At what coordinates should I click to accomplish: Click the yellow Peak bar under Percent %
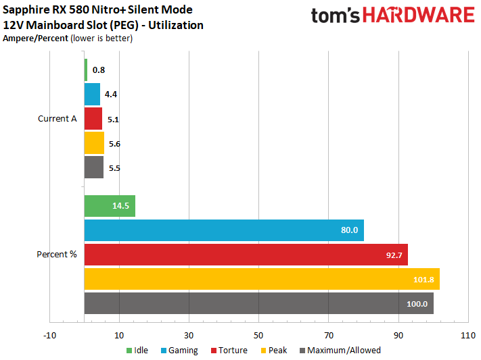coord(262,279)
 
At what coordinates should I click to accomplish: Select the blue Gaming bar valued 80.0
coord(224,230)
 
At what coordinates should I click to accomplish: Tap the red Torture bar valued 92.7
coord(246,255)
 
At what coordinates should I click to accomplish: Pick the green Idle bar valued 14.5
coord(110,206)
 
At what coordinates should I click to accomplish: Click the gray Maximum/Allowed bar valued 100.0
coord(258,303)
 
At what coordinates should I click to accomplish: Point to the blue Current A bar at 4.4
coord(93,94)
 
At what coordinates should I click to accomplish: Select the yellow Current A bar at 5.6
coord(95,143)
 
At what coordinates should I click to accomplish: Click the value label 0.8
coord(98,70)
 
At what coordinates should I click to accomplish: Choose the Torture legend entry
coord(229,351)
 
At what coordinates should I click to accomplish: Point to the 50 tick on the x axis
coord(259,334)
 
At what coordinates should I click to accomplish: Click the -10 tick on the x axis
coord(50,334)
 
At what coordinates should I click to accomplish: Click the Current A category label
coord(58,119)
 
